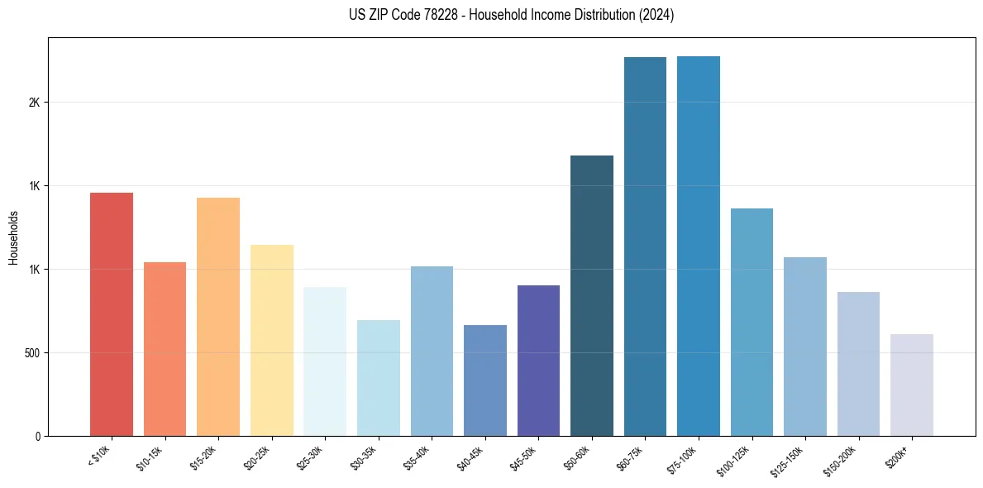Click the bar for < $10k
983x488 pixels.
click(111, 314)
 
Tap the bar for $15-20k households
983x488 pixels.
click(218, 317)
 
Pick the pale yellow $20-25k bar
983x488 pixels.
click(271, 340)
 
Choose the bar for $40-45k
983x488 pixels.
click(484, 380)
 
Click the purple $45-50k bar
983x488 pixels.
click(538, 361)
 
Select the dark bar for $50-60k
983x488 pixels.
click(592, 295)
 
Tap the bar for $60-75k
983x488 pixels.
click(645, 246)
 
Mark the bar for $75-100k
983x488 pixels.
click(699, 246)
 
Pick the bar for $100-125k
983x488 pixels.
click(752, 322)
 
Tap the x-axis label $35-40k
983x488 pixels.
click(419, 457)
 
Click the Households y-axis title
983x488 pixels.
click(14, 237)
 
